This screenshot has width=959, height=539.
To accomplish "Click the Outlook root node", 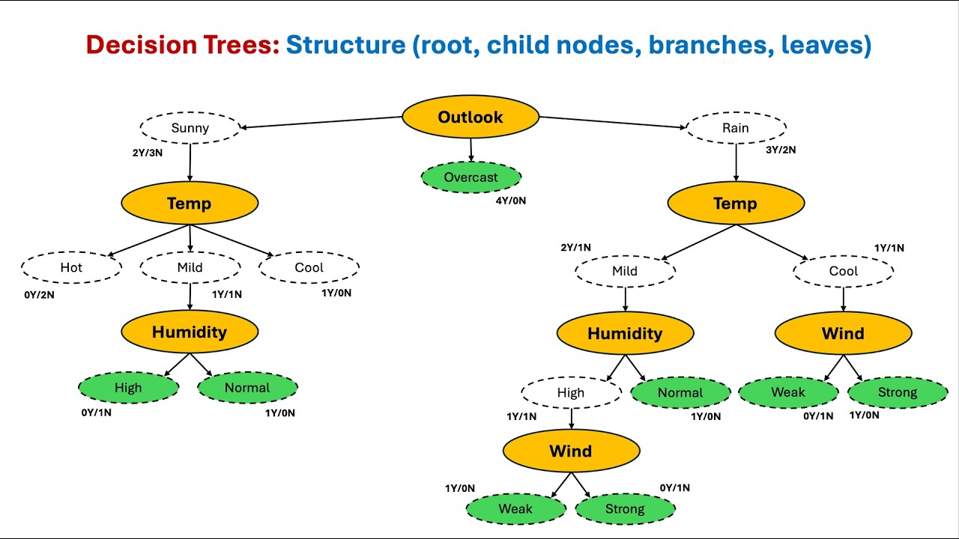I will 471,117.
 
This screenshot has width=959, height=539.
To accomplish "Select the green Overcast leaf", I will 471,177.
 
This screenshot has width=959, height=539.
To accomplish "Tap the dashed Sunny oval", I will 190,128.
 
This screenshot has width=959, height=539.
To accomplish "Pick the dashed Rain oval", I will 736,128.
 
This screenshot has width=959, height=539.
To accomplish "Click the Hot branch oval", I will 71,267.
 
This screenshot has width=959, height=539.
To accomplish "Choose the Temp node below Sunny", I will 190,203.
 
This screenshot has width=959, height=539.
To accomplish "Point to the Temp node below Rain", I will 736,203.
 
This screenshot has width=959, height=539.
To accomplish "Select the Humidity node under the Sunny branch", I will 190,332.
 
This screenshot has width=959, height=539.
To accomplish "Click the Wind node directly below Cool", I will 843,333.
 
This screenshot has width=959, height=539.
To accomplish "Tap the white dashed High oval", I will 571,392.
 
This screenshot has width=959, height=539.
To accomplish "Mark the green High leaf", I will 128,387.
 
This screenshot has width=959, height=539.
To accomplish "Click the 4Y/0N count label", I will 511,201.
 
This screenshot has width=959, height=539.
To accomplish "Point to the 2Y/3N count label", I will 148,153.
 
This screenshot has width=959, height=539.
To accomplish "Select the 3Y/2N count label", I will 781,150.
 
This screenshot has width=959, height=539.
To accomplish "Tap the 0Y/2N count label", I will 39,295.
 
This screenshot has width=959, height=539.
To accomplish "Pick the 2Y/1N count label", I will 575,248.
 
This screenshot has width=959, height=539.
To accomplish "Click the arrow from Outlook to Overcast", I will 471,150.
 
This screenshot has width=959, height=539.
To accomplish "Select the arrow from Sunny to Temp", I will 190,162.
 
